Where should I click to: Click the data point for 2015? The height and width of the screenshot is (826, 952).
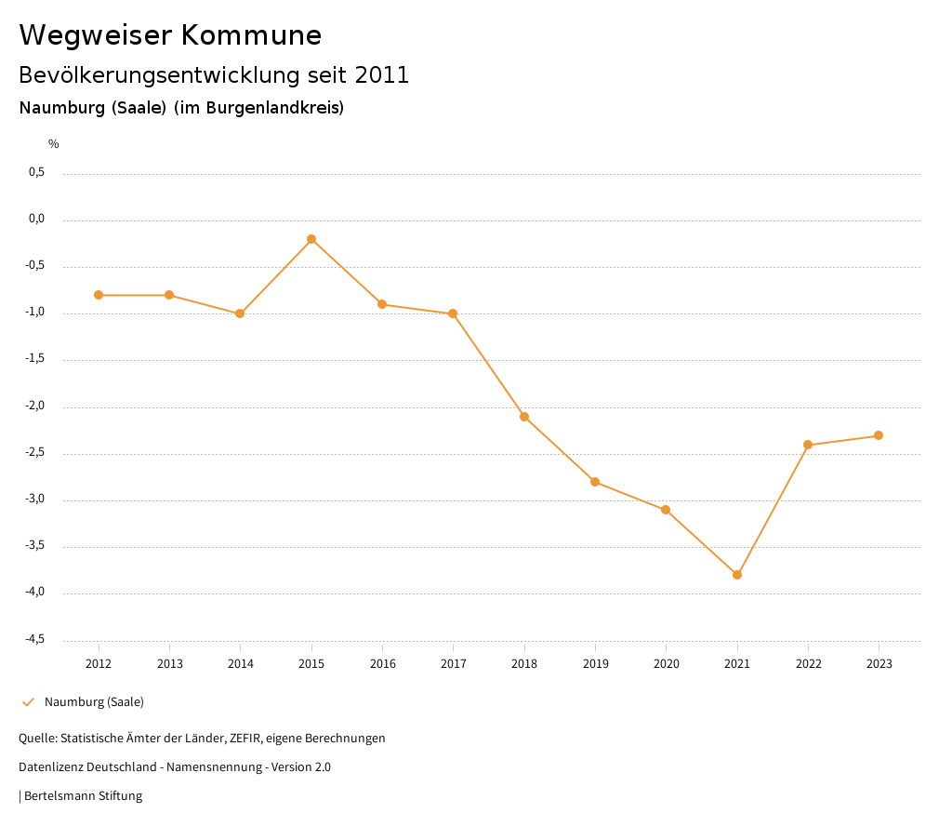coord(311,239)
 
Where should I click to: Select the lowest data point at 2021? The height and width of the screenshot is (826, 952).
coord(737,575)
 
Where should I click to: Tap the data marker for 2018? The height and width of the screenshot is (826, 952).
coord(524,417)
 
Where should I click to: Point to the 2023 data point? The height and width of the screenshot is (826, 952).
coord(879,435)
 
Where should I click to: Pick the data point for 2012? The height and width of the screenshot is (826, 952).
coord(99,295)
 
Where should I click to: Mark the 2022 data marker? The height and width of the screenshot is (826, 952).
coord(808,445)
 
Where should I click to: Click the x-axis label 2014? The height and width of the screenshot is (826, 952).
coord(241,663)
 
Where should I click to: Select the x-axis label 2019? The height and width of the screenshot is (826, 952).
coord(595,663)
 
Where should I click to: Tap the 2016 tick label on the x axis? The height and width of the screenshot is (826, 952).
coord(382,663)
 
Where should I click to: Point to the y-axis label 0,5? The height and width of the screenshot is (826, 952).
coord(37,172)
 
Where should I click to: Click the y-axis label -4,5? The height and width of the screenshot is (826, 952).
coord(35,639)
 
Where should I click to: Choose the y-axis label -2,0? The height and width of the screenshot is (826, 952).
coord(35,406)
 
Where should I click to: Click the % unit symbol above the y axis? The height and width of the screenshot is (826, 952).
coord(54,144)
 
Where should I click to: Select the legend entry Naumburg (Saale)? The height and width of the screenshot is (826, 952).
coord(94,701)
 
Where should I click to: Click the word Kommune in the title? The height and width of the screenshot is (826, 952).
coord(251,35)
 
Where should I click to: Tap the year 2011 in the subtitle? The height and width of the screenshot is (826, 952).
coord(382,74)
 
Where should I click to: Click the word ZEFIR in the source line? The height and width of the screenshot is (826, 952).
coord(246,738)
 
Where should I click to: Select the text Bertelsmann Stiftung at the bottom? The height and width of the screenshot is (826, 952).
coord(83,795)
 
